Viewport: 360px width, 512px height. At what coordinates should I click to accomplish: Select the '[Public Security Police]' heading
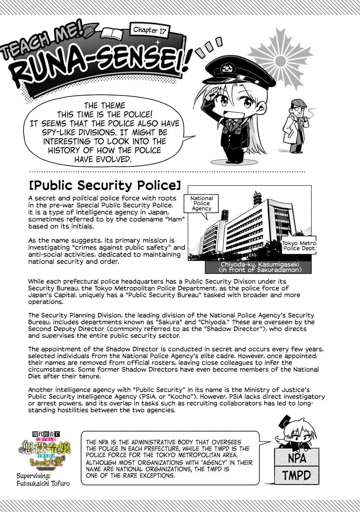click(x=105, y=186)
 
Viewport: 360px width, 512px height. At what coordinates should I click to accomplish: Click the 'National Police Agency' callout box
click(x=201, y=203)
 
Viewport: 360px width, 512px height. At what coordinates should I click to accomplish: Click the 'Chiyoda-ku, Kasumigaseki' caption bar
click(x=255, y=267)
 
